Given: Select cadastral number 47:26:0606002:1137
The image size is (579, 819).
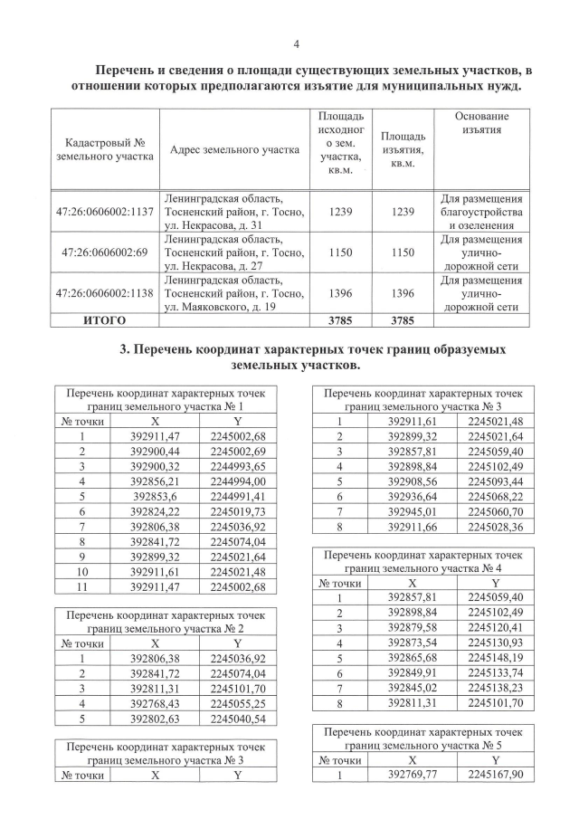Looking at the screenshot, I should pyautogui.click(x=104, y=212).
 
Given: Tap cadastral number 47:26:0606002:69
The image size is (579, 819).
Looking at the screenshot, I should pyautogui.click(x=104, y=253).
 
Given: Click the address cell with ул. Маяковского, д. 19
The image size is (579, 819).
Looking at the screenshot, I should pyautogui.click(x=233, y=293).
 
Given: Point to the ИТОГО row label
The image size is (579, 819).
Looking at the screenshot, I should pyautogui.click(x=104, y=320).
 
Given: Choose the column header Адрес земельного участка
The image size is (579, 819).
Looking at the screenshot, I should pyautogui.click(x=233, y=149).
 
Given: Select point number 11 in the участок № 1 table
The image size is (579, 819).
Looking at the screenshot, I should pyautogui.click(x=81, y=587).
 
